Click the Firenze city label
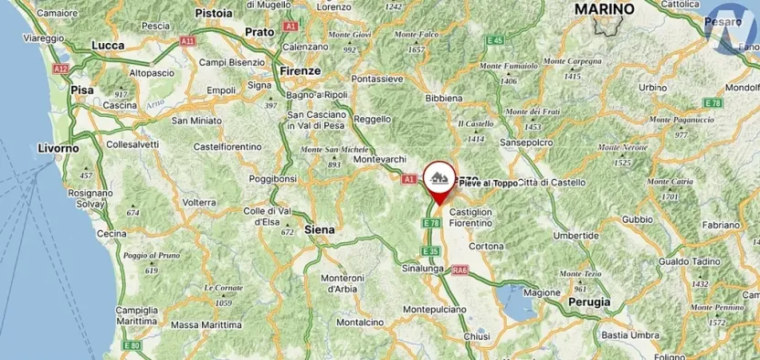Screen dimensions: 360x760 coord(301,70)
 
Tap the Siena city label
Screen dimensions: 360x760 coord(319,229)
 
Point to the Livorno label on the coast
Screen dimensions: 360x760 coord(58,147)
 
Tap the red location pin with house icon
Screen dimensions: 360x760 coord(439,180)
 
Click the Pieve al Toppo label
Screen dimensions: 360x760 coord(487,184)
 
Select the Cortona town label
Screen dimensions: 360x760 coord(486,247)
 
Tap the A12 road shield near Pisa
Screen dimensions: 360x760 coord(60,69)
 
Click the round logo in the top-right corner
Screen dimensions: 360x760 coord(733,28)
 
